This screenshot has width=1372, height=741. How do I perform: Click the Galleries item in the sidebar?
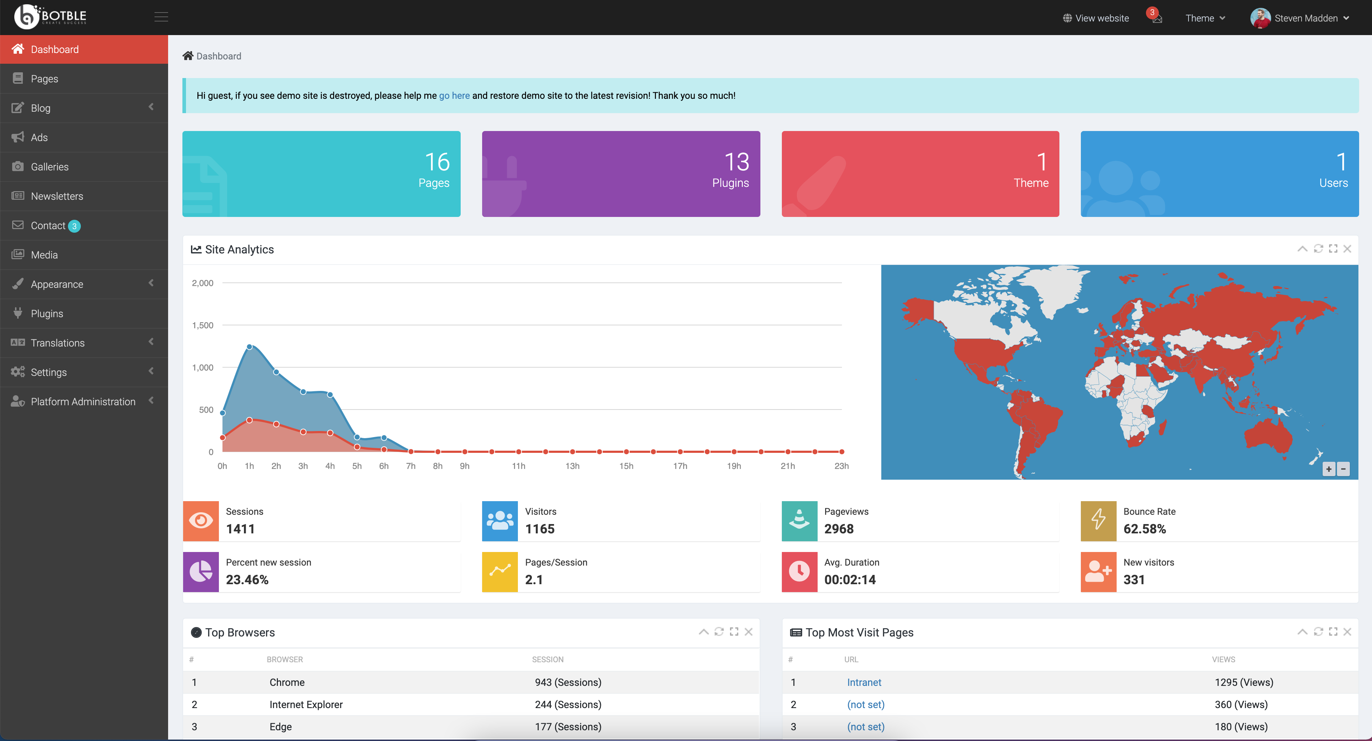49,167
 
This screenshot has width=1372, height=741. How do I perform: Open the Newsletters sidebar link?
57,196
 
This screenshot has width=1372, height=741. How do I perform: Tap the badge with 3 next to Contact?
74,226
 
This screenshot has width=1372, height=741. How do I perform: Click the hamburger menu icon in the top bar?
161,17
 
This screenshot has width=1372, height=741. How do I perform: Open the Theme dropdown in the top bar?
1205,18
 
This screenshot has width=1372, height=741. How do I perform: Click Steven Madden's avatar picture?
1260,18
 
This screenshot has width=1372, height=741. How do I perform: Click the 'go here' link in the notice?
454,96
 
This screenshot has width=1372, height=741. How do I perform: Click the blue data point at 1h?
249,347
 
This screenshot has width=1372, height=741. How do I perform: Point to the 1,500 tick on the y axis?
202,325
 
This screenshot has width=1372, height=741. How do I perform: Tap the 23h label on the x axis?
841,466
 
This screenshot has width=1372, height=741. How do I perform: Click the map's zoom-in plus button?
1328,469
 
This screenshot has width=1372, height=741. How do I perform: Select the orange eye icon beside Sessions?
201,521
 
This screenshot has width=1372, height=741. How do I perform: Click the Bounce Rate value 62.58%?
1144,529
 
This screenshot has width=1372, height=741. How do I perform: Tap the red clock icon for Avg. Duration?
799,571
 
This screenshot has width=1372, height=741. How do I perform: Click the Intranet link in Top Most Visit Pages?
864,682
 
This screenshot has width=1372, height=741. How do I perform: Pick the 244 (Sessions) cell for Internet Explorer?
568,705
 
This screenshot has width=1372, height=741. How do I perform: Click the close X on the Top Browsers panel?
748,632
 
